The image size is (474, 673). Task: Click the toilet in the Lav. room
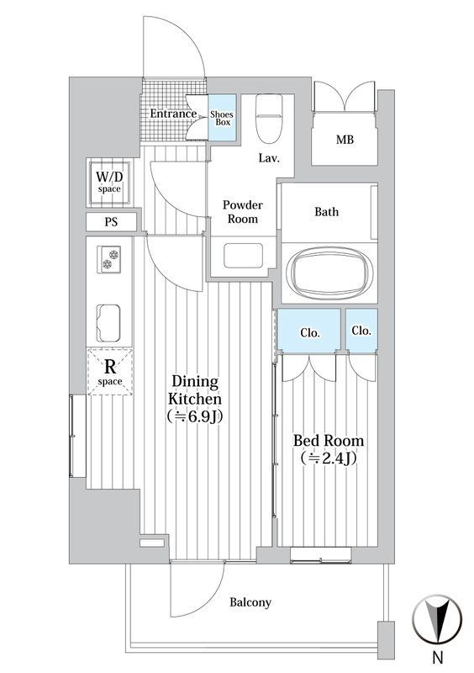click(269, 119)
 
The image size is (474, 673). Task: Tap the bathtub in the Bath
click(329, 273)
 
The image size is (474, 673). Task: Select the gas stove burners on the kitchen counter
click(109, 259)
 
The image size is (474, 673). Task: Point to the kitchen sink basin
click(108, 323)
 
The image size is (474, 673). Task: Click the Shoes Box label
click(222, 118)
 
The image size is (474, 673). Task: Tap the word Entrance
click(173, 114)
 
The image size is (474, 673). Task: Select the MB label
click(345, 140)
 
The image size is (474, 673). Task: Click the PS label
click(111, 222)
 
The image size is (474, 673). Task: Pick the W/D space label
click(109, 181)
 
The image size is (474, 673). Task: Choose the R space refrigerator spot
click(110, 372)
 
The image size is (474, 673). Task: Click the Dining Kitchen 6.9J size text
click(195, 416)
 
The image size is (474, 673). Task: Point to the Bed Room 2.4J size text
click(329, 458)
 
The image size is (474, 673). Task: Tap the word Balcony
click(250, 602)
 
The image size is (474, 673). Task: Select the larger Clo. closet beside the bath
click(309, 329)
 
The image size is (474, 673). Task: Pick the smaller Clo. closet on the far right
click(361, 329)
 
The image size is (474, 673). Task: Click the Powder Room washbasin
click(243, 256)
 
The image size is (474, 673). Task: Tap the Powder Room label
click(243, 212)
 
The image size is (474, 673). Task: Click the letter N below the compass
click(438, 657)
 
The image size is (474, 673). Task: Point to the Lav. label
click(269, 158)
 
